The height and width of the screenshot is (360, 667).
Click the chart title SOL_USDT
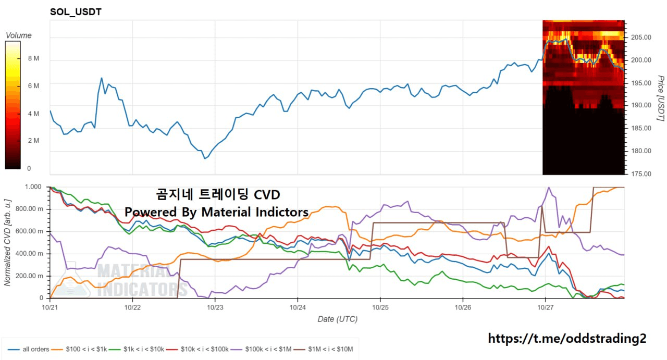76,12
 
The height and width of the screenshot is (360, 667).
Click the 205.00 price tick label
640,38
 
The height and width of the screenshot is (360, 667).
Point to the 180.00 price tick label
640,151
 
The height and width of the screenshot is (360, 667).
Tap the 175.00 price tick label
640,173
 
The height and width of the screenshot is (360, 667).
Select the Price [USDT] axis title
660,98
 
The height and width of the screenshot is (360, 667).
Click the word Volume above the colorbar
18,35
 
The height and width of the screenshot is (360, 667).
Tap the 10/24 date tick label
297,308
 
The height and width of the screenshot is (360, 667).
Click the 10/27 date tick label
545,308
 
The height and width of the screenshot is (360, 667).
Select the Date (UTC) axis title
337,319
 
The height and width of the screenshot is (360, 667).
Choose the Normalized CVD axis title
7,242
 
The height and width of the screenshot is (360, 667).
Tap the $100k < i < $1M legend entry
261,350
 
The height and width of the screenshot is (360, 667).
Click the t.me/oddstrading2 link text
567,338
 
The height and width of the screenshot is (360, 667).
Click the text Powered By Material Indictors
216,212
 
